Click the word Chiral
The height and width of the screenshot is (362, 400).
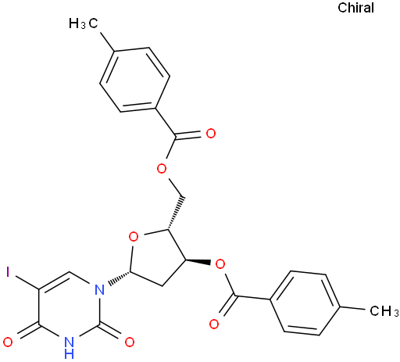(355, 8)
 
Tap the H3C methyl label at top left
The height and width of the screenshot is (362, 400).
(84, 23)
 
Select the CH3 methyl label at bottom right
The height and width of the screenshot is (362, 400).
(384, 310)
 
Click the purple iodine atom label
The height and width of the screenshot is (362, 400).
(8, 272)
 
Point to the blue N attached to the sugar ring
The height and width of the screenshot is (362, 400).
(100, 289)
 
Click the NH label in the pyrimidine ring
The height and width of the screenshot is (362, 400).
(69, 348)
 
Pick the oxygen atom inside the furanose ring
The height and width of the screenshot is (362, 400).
(134, 237)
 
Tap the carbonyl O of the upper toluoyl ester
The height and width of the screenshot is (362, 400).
(211, 134)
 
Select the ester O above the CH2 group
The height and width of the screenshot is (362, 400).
(162, 169)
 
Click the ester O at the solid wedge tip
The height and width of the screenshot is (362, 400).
(220, 264)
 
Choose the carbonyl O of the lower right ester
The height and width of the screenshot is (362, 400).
(214, 324)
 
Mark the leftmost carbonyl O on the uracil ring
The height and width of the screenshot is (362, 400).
(8, 342)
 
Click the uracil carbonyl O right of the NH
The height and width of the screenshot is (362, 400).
(130, 342)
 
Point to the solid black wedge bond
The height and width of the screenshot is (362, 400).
(198, 262)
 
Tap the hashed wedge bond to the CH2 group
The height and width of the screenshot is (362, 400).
(176, 213)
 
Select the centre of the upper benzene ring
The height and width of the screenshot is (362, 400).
(134, 80)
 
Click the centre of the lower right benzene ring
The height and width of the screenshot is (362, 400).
(305, 303)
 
